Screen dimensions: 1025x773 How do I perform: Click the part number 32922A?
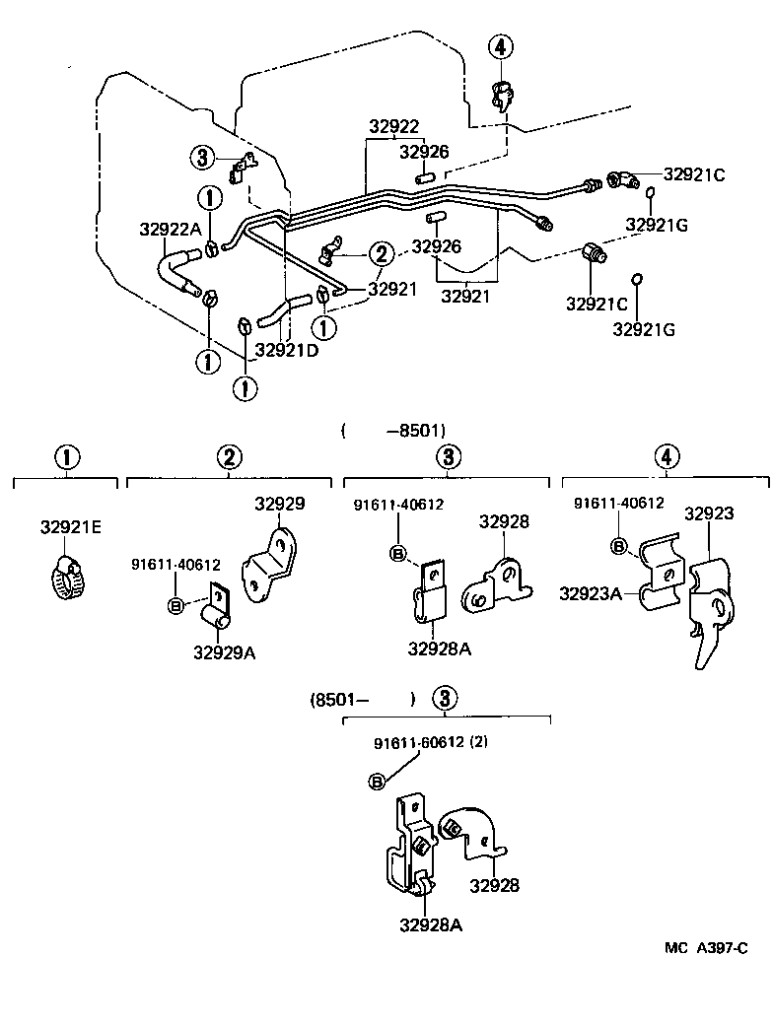pos(169,229)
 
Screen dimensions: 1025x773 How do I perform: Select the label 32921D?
pos(287,349)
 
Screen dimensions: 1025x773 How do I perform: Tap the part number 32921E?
pos(71,526)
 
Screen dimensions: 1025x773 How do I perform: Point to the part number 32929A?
pos(224,651)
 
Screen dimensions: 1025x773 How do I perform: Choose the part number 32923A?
pos(591,593)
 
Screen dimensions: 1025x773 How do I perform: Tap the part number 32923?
pos(709,513)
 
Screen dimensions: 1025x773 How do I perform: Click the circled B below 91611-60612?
pos(376,782)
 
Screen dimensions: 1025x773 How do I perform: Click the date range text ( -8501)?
pos(394,430)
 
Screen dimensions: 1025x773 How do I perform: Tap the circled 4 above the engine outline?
pos(501,46)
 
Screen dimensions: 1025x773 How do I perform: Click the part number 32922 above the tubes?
pos(394,126)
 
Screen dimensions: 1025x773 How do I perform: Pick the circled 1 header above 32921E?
pos(65,457)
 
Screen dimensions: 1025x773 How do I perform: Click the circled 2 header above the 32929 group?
pos(229,457)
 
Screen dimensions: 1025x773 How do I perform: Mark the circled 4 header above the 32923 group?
pos(668,457)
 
